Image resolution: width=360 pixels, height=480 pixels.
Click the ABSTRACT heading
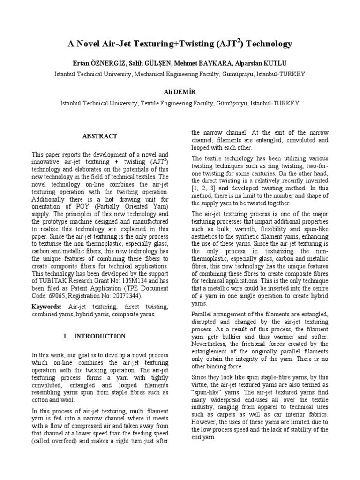(100, 136)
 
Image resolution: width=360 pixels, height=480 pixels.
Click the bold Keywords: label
(46, 306)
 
